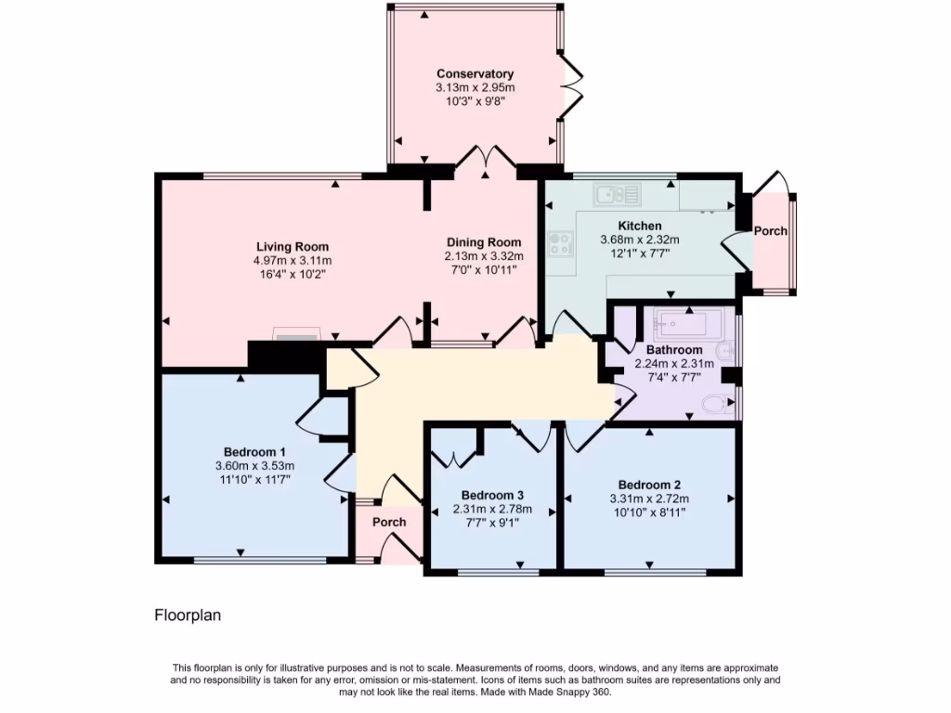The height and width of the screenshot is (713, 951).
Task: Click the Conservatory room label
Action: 475,74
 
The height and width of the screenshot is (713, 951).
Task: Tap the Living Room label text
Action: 293,247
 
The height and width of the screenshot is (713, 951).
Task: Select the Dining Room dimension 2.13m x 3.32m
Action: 484,256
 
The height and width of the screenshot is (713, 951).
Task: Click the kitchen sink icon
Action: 617,194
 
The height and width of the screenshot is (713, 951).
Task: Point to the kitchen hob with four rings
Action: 561,244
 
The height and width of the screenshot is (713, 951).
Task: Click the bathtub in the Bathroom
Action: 687,325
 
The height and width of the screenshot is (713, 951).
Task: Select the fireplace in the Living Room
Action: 296,333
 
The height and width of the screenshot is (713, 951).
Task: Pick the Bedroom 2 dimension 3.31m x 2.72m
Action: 650,498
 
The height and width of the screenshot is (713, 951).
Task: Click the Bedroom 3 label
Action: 491,495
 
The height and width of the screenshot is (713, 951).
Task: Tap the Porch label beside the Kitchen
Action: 770,231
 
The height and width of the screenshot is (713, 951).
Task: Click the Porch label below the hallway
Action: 389,522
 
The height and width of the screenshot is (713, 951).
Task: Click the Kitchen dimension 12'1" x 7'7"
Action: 639,252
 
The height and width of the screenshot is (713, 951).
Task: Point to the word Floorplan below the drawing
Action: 187,615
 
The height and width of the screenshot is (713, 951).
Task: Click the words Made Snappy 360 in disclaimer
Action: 572,692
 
